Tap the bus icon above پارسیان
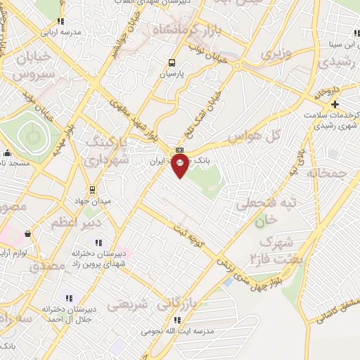(171, 62)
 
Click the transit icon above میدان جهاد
(91, 189)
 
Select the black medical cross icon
(335, 105)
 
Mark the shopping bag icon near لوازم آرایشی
(27, 233)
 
